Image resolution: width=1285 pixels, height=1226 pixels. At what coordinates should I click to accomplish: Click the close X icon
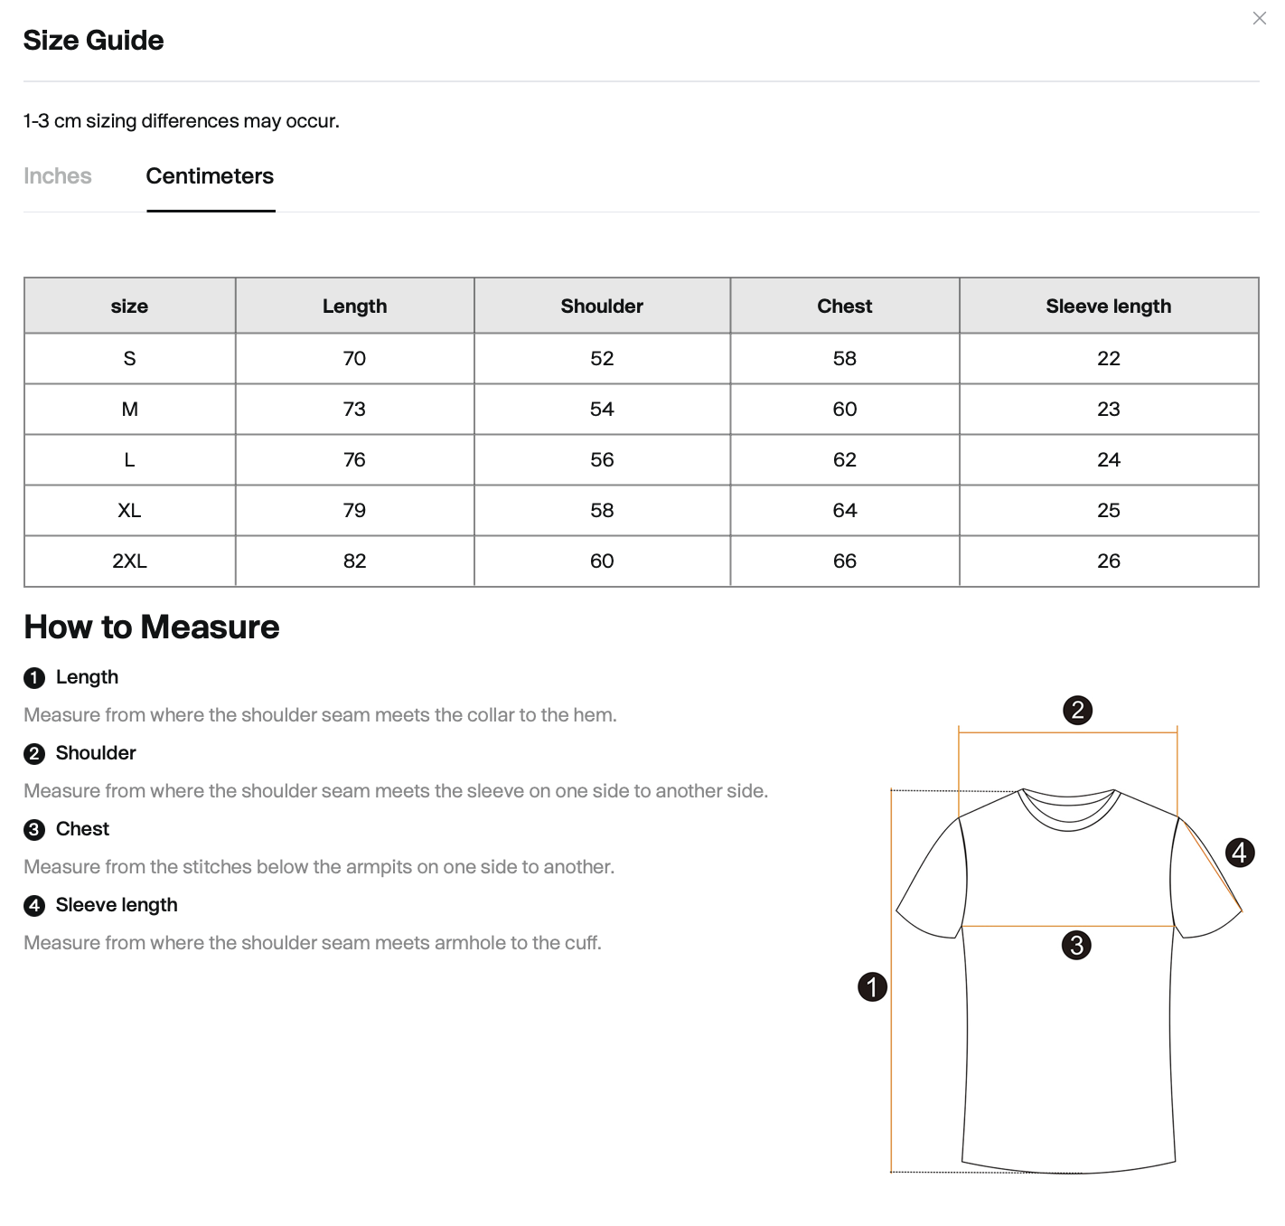pos(1259,18)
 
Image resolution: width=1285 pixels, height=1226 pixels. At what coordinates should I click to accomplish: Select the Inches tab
pos(58,176)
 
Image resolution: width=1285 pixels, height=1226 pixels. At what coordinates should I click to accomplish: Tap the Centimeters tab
pos(210,176)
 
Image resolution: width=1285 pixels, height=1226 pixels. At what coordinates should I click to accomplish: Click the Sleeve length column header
pos(1108,306)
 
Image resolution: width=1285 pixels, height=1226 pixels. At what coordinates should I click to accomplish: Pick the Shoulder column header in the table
pos(602,306)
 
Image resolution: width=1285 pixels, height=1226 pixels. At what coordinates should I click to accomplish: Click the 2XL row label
pos(129,561)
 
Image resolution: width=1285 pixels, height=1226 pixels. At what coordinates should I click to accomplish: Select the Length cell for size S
pos(354,359)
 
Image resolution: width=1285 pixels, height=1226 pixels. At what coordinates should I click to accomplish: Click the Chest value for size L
pos(844,460)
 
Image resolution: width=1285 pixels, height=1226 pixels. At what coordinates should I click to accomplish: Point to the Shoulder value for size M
pos(602,410)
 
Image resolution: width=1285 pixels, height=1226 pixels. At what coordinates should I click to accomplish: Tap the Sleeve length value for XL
pos(1108,511)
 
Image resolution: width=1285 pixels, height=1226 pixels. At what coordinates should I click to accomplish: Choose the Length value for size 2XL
pos(354,561)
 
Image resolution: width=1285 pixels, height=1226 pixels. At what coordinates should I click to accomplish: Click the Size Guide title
pos(93,41)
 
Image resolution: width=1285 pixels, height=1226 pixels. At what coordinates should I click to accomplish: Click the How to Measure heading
pos(152,627)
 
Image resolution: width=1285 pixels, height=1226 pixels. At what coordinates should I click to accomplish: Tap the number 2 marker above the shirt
pos(1077,710)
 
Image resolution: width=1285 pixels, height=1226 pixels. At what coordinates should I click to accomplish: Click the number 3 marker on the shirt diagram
pos(1076,946)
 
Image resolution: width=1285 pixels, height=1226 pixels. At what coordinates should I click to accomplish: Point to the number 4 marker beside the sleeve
pos(1240,853)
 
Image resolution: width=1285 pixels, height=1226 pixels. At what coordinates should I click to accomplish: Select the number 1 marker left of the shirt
pos(872,986)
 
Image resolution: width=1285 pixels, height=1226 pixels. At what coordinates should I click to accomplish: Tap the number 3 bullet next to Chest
pos(34,830)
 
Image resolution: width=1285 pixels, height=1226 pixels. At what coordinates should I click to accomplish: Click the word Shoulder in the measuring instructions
pos(96,753)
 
